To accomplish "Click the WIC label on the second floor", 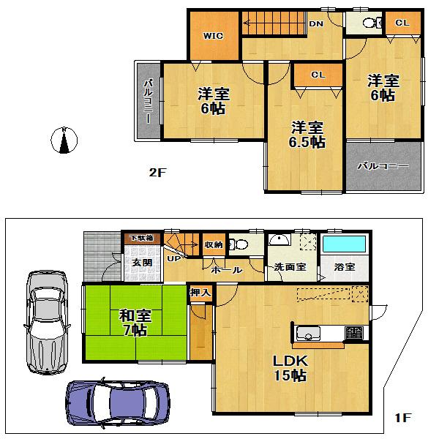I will pos(213,35).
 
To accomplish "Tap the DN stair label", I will pos(316,24).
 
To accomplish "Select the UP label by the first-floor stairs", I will pos(175,258).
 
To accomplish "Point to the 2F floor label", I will pos(157,173).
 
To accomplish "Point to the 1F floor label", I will pos(402,418).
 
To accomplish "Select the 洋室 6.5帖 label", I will pos(307,134).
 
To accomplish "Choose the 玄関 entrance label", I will pos(141,262).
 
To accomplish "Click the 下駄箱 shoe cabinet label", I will pos(141,238).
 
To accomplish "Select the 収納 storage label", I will pos(214,244).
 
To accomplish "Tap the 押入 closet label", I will pos(200,293).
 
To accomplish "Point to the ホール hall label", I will pos(226,269).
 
